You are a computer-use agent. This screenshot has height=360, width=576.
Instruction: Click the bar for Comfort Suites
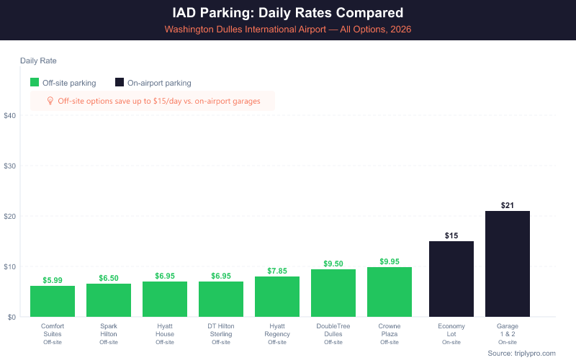pyautogui.click(x=53, y=302)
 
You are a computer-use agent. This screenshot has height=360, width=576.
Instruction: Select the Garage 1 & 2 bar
pyautogui.click(x=508, y=264)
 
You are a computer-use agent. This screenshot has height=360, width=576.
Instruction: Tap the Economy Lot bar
pyautogui.click(x=451, y=279)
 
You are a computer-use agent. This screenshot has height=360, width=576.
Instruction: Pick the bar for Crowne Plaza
pyautogui.click(x=390, y=292)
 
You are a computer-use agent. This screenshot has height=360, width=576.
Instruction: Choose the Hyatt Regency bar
pyautogui.click(x=277, y=297)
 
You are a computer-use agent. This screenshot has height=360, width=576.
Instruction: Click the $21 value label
pyautogui.click(x=508, y=205)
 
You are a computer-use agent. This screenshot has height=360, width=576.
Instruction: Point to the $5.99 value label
pyautogui.click(x=53, y=280)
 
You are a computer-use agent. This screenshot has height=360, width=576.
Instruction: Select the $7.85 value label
pyautogui.click(x=277, y=271)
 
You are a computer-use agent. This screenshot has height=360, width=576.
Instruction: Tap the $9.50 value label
pyautogui.click(x=333, y=264)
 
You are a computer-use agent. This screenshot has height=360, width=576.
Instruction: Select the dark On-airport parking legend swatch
pyautogui.click(x=120, y=83)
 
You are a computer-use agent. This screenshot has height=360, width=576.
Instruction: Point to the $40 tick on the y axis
pyautogui.click(x=10, y=115)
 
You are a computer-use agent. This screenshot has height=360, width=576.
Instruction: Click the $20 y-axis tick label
pyautogui.click(x=10, y=216)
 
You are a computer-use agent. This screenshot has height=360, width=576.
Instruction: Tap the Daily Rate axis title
pyautogui.click(x=38, y=60)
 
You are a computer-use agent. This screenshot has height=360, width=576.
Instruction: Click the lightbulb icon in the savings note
pyautogui.click(x=50, y=101)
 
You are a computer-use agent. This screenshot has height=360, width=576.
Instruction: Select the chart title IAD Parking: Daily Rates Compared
pyautogui.click(x=288, y=13)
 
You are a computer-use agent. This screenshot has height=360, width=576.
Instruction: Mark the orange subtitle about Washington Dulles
pyautogui.click(x=288, y=30)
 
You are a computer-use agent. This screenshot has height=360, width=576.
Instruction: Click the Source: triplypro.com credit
pyautogui.click(x=521, y=353)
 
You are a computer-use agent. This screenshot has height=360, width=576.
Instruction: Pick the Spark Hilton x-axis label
pyautogui.click(x=109, y=330)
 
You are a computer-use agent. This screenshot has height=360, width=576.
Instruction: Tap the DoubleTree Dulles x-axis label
pyautogui.click(x=333, y=330)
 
